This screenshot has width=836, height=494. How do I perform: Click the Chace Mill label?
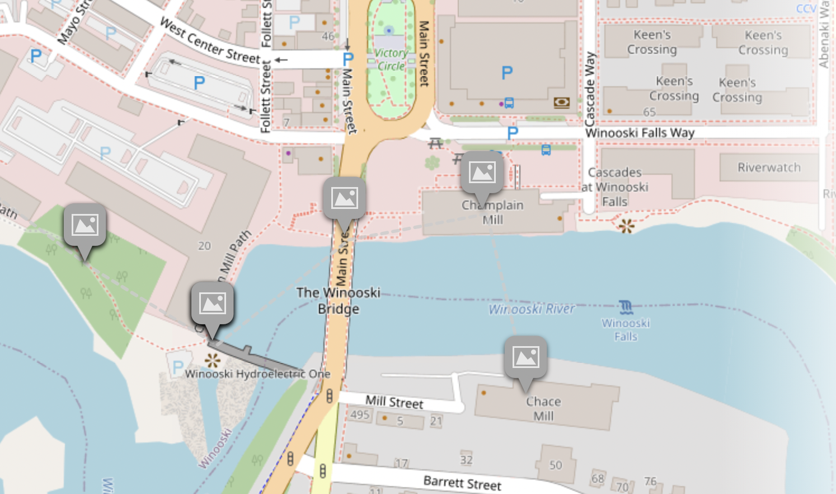pos(543,409)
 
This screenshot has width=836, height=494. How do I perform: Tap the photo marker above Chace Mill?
pos(525,358)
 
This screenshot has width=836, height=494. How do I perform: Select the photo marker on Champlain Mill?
pos(482,173)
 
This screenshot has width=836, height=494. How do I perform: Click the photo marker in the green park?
pos(85,226)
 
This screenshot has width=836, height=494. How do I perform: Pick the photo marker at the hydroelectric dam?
pos(212,305)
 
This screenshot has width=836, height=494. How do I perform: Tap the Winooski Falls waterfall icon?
pos(626,307)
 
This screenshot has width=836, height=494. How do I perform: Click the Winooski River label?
pos(532,309)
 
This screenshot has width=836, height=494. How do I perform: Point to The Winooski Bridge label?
pos(338,301)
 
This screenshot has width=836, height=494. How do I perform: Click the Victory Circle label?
pos(391,60)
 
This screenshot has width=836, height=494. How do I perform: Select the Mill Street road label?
pos(394,402)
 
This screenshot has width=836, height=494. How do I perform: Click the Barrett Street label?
pos(462,483)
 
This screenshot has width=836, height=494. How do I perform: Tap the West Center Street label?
pos(210,41)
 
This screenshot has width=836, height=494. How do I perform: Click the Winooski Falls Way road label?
pos(640,133)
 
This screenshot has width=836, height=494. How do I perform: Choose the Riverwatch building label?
pos(769,167)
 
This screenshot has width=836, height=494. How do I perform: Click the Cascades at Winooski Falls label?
pos(614,187)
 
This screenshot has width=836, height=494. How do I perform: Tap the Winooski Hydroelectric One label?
pos(257,374)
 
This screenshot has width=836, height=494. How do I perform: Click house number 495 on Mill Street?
pos(360,414)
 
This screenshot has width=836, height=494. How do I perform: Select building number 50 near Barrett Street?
pos(556,465)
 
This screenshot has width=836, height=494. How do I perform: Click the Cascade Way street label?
pos(590,90)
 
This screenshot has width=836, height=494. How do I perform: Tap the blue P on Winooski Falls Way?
pos(513,133)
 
